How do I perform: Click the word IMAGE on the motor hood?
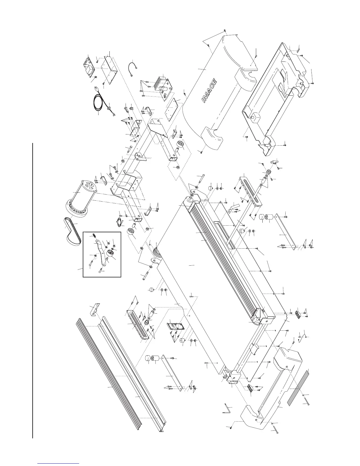click(210, 91)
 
